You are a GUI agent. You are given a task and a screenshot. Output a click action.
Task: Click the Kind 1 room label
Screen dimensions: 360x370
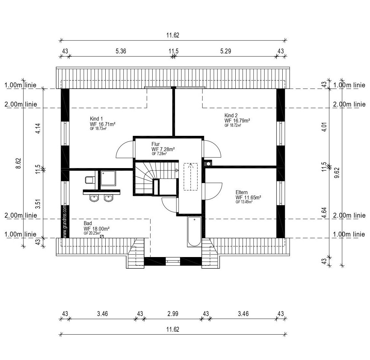(96, 119)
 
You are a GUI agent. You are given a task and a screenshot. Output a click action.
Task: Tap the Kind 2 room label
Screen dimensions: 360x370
(231, 115)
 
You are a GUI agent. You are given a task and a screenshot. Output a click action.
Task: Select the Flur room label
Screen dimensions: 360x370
(155, 144)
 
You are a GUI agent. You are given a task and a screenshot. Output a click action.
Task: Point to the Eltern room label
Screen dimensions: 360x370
(242, 193)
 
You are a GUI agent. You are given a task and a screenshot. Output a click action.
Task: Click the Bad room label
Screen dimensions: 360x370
(88, 223)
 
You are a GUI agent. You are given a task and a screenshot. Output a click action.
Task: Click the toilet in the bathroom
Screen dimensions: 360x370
(89, 180)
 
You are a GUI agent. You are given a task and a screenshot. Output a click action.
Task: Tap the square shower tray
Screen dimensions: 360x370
(108, 178)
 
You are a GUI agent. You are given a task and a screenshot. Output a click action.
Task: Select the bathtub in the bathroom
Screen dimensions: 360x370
(195, 232)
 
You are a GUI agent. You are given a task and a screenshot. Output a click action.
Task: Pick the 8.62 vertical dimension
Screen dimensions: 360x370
(18, 163)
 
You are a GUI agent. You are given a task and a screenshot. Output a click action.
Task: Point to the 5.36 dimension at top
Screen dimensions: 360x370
(121, 51)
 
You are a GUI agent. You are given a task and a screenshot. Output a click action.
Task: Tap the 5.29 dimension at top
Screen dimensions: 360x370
(226, 51)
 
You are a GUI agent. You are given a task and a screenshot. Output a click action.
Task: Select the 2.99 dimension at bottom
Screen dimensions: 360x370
(173, 314)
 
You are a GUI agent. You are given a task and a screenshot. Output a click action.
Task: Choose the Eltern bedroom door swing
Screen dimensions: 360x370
(214, 192)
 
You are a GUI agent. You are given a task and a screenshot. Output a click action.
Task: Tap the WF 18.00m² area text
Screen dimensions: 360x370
(96, 229)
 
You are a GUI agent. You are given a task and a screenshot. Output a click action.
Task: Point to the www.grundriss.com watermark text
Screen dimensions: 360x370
(65, 222)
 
